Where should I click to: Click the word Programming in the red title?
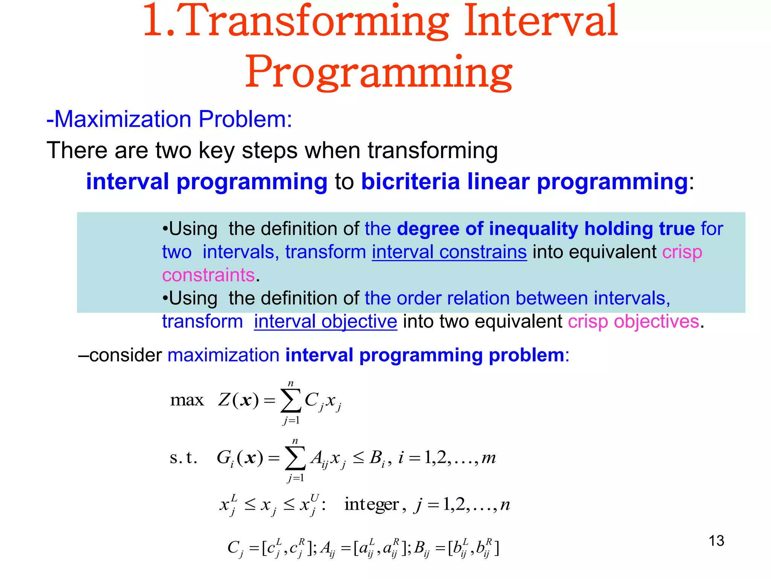[x=378, y=72]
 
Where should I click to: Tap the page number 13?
[x=716, y=541]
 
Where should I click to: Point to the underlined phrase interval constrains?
[x=449, y=252]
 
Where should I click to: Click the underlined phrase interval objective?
[x=325, y=322]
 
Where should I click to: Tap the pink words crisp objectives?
[x=633, y=322]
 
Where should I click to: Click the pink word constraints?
[x=208, y=275]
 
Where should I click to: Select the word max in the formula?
[x=187, y=400]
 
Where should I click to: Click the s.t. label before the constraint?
[x=183, y=458]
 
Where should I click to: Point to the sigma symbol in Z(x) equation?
[x=291, y=400]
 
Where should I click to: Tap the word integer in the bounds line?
[x=371, y=504]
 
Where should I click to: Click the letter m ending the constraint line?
[x=488, y=458]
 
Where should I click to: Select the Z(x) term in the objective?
[x=238, y=400]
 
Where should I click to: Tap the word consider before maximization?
[x=125, y=355]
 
